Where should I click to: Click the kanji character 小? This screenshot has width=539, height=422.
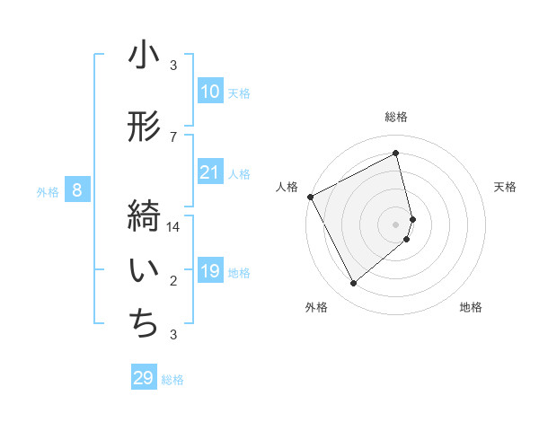[144, 56]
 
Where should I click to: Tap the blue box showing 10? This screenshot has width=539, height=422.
[210, 92]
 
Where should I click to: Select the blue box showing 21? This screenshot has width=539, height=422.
[210, 172]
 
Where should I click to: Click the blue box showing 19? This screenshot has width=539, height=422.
[210, 271]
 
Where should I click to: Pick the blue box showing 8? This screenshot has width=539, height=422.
[77, 190]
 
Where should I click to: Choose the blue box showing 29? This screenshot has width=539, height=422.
[144, 378]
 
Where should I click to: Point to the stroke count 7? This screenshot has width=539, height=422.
[173, 136]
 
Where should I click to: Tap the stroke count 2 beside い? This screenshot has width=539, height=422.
[173, 281]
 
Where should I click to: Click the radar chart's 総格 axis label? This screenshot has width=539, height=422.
[396, 117]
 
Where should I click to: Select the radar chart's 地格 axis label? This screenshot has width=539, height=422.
[471, 308]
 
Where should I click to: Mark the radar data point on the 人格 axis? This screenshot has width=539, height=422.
[310, 196]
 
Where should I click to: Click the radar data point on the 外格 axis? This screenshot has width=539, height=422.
[353, 283]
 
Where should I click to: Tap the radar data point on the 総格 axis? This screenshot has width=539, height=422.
[396, 153]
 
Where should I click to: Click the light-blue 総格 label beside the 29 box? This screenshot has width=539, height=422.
[172, 380]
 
